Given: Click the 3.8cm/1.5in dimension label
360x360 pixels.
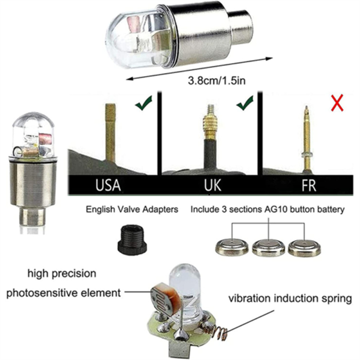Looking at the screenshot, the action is pyautogui.click(x=216, y=81).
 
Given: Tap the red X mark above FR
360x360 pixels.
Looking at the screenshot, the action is pyautogui.click(x=337, y=103).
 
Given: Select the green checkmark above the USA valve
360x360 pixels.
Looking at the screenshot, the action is pyautogui.click(x=144, y=103).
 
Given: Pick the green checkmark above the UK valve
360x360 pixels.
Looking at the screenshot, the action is pyautogui.click(x=245, y=103).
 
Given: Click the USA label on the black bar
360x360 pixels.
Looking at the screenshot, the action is pyautogui.click(x=108, y=185).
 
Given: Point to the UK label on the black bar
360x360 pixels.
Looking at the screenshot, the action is pyautogui.click(x=212, y=185).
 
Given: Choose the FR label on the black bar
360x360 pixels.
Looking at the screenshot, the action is pyautogui.click(x=309, y=185).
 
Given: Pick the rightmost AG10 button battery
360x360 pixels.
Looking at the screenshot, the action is pyautogui.click(x=305, y=247).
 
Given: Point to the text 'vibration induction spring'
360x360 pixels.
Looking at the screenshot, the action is pyautogui.click(x=290, y=299).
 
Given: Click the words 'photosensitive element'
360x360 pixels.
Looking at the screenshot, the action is pyautogui.click(x=63, y=293).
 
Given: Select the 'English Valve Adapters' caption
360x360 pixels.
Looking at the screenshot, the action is pyautogui.click(x=132, y=209).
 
